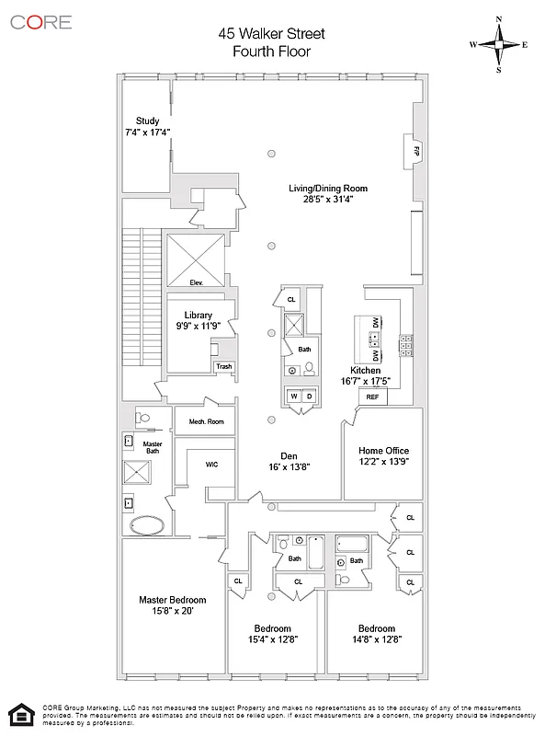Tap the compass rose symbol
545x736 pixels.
pos(499,43)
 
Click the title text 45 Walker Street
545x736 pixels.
pos(271,34)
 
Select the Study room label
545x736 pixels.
pos(147,121)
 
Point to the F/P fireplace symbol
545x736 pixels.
pos(416,149)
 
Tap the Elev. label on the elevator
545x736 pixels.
pos(196,282)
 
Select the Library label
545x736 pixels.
pos(199,314)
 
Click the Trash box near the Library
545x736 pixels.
pos(223,366)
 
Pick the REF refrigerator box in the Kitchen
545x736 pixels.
pos(372,397)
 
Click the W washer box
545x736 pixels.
pos(295,397)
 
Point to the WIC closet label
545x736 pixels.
pos(210,465)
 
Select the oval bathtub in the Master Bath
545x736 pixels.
pos(147,526)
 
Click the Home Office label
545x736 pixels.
pos(383,450)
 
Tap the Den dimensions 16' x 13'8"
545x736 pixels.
pos(289,467)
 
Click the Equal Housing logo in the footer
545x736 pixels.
pos(17,713)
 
